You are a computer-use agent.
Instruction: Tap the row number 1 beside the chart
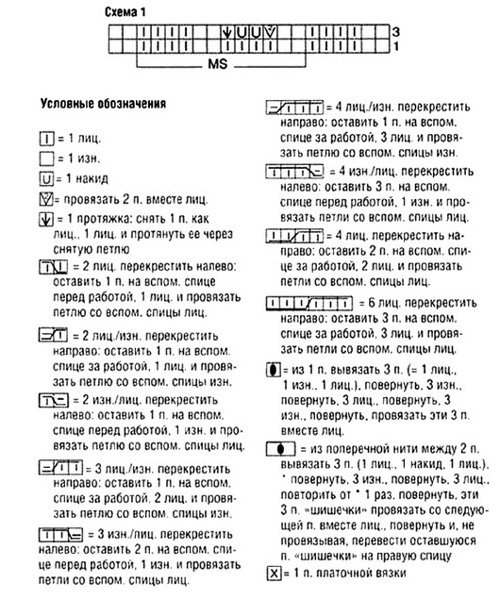(x=395, y=44)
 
